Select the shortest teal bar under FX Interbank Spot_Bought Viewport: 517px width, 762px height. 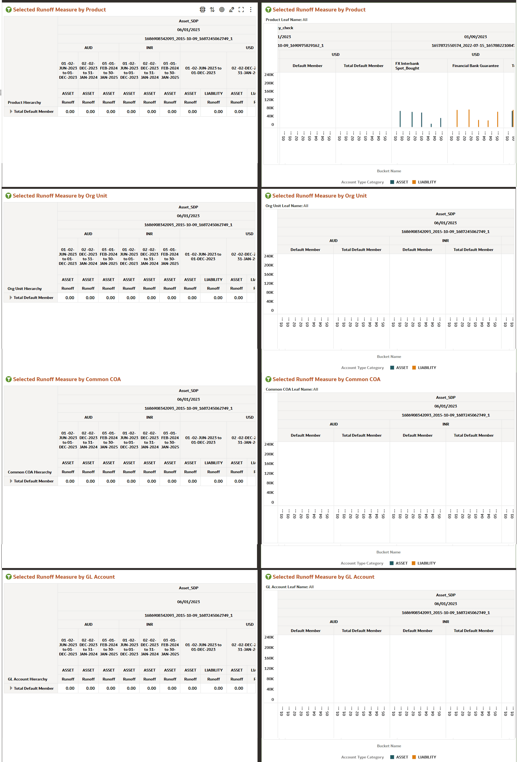431,125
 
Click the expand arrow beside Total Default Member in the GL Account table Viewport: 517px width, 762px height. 11,688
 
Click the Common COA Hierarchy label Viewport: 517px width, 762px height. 30,472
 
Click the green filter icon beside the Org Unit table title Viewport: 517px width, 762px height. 9,196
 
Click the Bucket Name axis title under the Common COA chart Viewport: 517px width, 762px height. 388,552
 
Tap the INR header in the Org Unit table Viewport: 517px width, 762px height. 149,234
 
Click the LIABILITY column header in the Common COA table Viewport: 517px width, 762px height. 214,463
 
